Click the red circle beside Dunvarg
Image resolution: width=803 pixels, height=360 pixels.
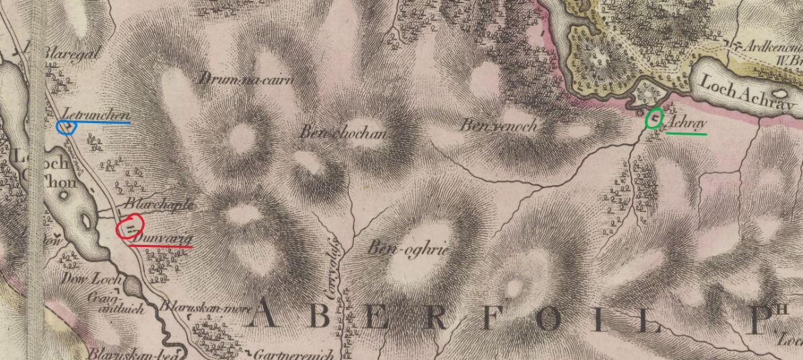(x=130, y=227)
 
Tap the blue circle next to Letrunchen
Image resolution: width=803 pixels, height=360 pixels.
(x=67, y=125)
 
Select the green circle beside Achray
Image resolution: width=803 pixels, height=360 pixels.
(x=654, y=119)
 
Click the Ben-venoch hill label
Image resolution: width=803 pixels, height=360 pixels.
(x=499, y=125)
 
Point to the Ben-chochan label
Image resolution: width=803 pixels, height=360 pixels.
(x=343, y=133)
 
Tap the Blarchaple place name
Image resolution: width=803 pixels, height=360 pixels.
(x=160, y=204)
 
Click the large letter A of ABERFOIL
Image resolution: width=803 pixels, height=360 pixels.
(x=272, y=316)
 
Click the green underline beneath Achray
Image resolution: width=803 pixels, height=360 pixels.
(x=686, y=134)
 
